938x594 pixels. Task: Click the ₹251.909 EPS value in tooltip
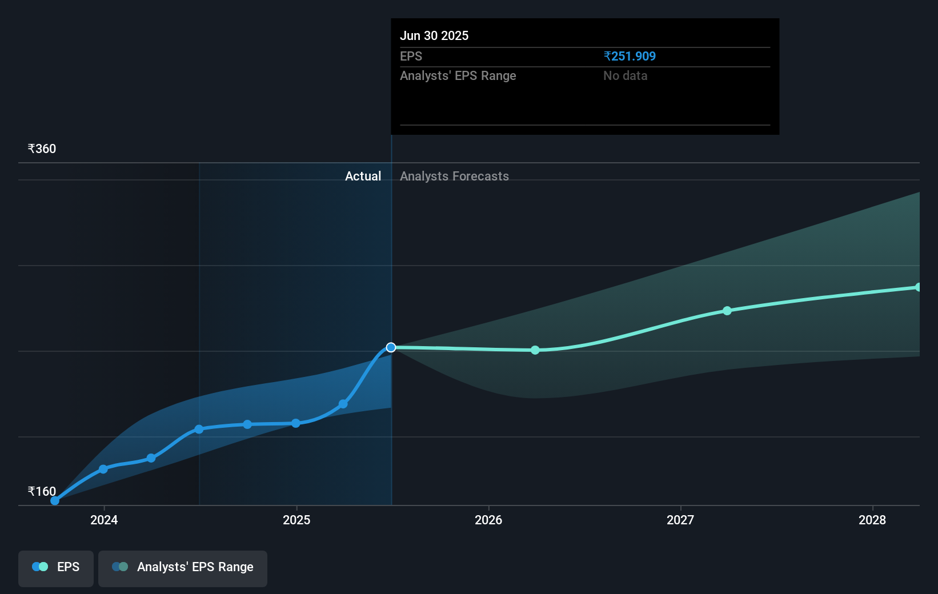click(x=630, y=56)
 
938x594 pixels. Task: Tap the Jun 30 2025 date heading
click(x=434, y=35)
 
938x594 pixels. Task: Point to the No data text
click(x=625, y=75)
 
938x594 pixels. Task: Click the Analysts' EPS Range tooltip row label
click(x=458, y=75)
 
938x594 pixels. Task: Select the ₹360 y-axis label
click(x=42, y=148)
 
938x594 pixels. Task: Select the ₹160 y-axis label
click(x=42, y=491)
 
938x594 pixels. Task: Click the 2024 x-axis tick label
click(x=104, y=520)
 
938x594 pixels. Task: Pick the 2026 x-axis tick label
click(x=488, y=520)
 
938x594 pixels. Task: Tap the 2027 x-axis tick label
click(x=680, y=520)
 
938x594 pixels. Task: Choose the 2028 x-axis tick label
click(x=872, y=520)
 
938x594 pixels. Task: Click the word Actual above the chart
click(x=363, y=176)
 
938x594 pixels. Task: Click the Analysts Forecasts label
click(x=454, y=176)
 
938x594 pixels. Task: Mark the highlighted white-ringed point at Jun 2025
click(x=391, y=347)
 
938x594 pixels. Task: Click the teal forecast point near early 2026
click(x=535, y=350)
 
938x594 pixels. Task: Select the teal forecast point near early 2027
click(x=727, y=311)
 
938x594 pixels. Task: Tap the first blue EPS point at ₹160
click(x=55, y=500)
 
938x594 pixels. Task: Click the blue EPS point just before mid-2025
click(x=343, y=404)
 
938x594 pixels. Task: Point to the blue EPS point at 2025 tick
click(x=296, y=423)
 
